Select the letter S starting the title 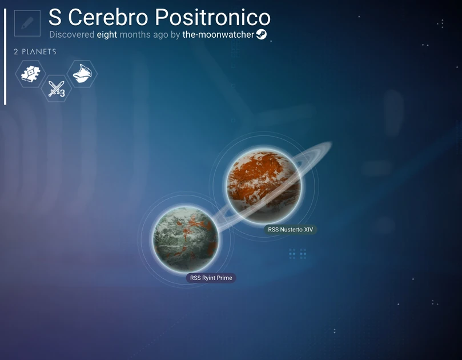coord(55,18)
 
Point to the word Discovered coord(71,34)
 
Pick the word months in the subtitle coord(136,34)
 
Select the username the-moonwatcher coord(218,34)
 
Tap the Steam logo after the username coord(262,34)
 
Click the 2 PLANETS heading coord(35,52)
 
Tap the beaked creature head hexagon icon coord(82,74)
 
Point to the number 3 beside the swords coord(62,93)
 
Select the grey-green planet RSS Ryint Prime coord(186,239)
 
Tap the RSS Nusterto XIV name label coord(291,230)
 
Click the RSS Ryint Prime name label coord(211,278)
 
